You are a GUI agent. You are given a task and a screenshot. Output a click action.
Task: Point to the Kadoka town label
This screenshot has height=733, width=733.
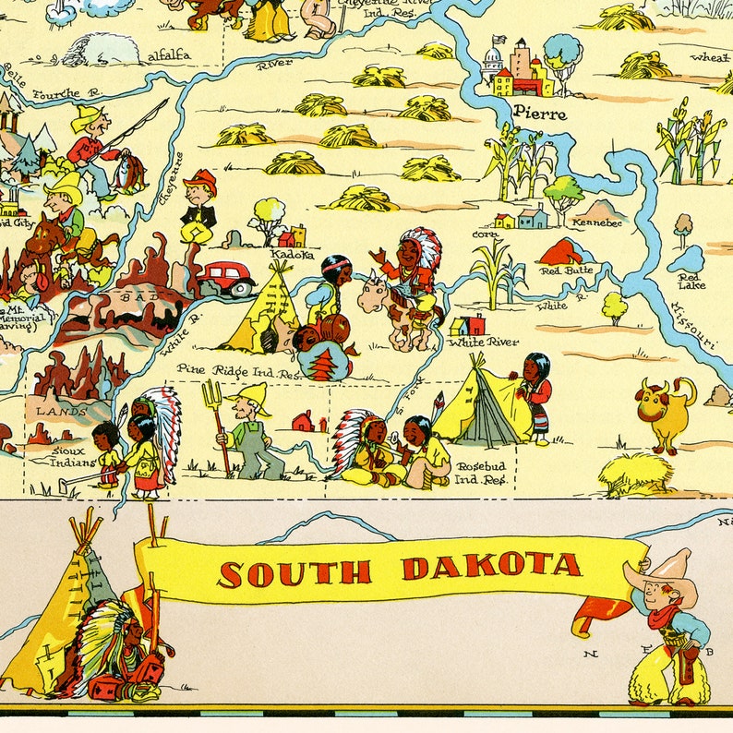point(292,254)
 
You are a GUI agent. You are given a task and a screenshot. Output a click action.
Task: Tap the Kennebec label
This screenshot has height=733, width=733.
point(597,222)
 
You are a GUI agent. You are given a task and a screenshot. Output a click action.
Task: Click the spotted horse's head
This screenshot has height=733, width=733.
point(374,295)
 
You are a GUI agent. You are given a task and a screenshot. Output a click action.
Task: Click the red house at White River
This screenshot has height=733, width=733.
point(469,325)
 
